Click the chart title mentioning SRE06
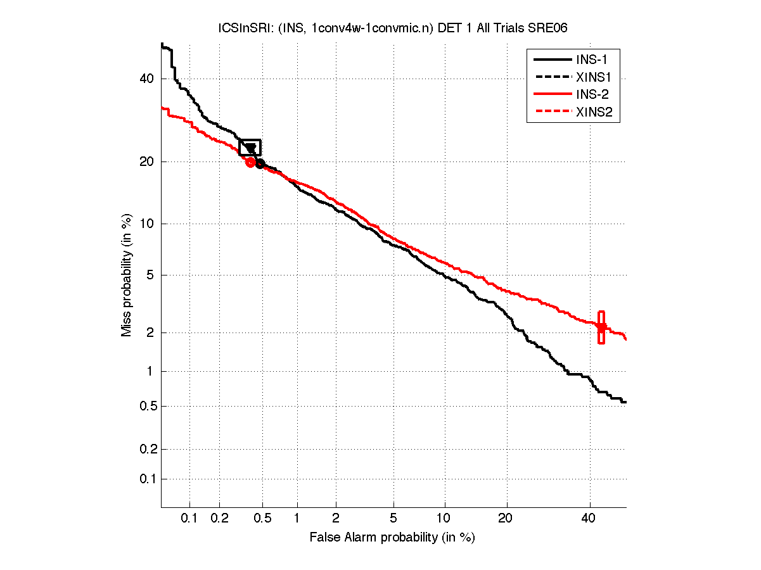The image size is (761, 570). (393, 28)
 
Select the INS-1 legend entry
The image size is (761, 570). (592, 60)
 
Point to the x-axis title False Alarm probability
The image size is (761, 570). (392, 538)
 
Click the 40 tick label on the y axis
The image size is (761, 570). (146, 79)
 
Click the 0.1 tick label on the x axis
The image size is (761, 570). (189, 519)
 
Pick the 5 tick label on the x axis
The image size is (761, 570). (393, 519)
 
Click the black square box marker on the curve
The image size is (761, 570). (250, 147)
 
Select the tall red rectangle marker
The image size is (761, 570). (601, 327)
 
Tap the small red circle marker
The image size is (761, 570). (250, 162)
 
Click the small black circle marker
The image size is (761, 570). (260, 164)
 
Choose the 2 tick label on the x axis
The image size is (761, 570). (336, 519)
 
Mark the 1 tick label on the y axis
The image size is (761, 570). (150, 371)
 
